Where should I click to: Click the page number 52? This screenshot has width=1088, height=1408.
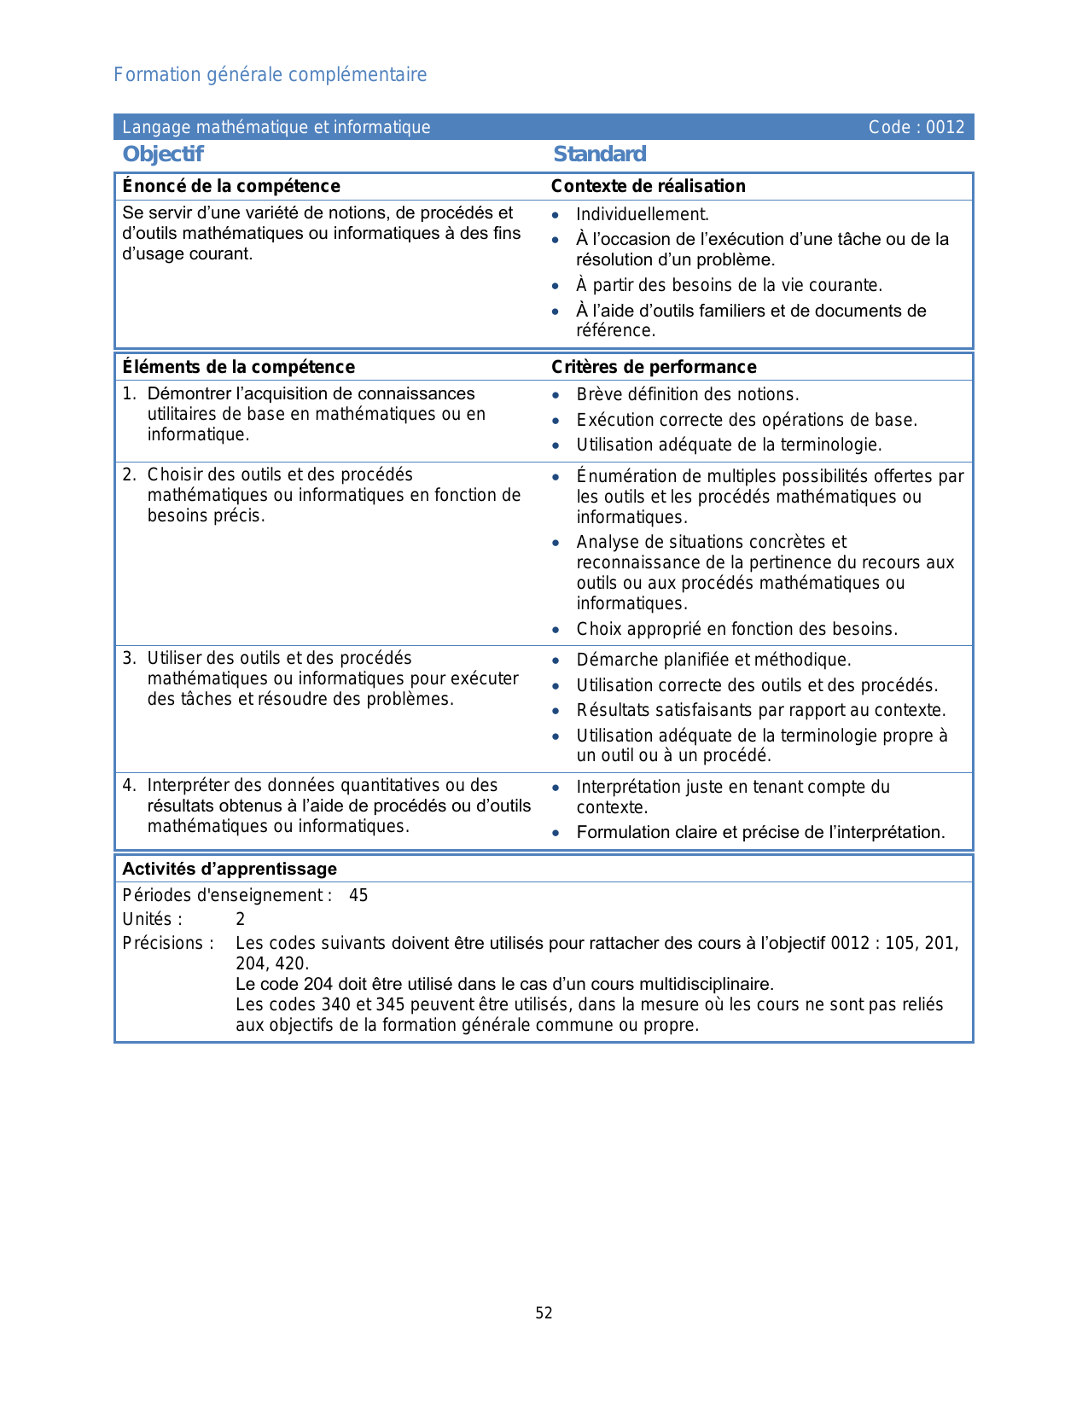click(544, 1313)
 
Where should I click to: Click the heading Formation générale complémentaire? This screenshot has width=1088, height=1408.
click(270, 75)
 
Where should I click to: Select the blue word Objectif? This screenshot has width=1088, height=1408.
click(163, 154)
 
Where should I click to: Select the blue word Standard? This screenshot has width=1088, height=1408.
click(599, 154)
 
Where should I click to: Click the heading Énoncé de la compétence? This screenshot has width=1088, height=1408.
click(231, 186)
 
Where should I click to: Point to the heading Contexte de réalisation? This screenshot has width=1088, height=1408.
click(648, 186)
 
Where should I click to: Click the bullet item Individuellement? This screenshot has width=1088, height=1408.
click(642, 214)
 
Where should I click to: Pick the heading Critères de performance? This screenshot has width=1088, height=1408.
click(654, 367)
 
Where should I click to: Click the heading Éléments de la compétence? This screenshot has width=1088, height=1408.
click(238, 367)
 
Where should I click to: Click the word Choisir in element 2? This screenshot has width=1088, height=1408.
click(175, 474)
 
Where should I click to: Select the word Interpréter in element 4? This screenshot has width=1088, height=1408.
click(189, 785)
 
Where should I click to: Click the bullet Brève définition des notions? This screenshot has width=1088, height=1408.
click(687, 394)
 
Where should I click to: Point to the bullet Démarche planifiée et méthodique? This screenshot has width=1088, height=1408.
click(713, 660)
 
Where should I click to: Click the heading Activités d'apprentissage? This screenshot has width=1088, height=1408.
click(230, 869)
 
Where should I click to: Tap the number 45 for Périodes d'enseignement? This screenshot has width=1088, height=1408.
click(358, 895)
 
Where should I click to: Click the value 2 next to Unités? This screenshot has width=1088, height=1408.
click(241, 919)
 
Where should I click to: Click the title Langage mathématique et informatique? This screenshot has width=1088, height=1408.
click(276, 127)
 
